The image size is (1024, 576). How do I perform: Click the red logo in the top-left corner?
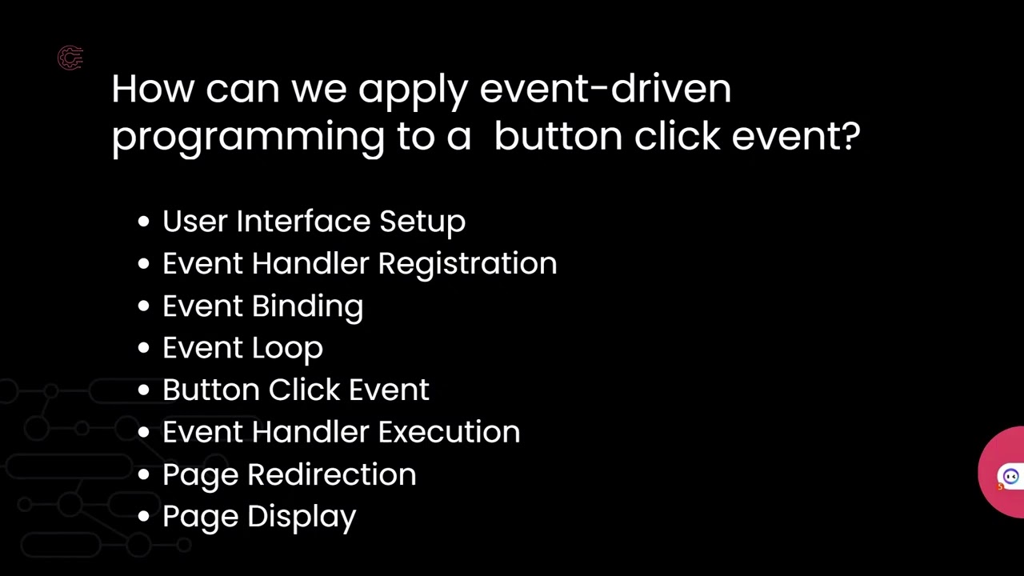(70, 58)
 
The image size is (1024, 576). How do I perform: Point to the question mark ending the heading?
(850, 135)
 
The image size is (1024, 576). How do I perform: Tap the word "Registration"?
(467, 264)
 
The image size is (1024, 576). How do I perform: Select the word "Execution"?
(449, 432)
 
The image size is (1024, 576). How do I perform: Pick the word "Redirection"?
(331, 474)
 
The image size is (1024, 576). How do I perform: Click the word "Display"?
(302, 518)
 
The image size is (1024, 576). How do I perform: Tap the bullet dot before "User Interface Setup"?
(144, 222)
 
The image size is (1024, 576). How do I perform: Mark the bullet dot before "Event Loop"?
(144, 349)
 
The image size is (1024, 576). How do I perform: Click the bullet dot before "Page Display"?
(144, 517)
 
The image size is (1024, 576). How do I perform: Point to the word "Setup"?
(422, 222)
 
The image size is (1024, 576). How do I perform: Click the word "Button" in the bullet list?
(211, 390)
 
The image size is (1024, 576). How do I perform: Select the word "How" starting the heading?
(152, 88)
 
